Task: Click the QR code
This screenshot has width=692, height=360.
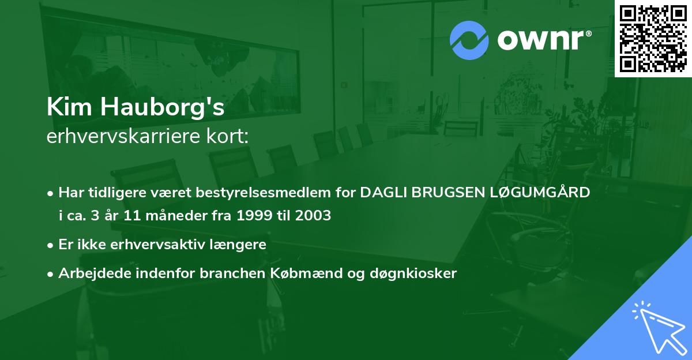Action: (x=653, y=39)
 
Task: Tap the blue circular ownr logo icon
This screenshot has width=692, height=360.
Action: (x=469, y=40)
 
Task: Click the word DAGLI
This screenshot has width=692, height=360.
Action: (x=383, y=192)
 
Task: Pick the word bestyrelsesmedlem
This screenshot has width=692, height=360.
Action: (x=263, y=192)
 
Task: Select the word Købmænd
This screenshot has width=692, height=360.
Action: (x=296, y=273)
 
